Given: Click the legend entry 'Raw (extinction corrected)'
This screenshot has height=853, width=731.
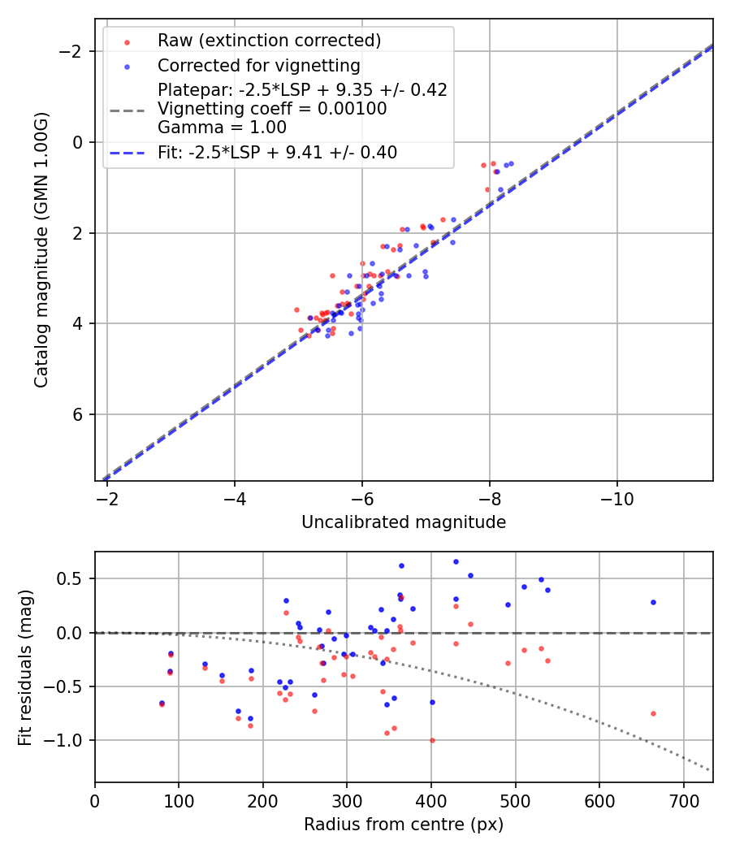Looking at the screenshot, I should [269, 41].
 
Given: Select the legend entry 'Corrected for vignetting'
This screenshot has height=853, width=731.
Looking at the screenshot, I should [258, 66].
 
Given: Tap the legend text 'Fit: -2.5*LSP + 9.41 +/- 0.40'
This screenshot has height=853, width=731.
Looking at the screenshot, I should [277, 152].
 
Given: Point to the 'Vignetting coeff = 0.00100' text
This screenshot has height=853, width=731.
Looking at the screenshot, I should [272, 109].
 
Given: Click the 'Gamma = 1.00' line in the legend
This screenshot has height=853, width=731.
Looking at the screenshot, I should [222, 127].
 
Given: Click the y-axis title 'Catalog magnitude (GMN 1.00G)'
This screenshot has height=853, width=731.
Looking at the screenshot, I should [41, 249].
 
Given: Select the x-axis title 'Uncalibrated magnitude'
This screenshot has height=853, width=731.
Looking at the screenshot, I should [404, 522].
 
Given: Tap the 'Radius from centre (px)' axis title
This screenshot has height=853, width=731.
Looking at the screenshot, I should [404, 825].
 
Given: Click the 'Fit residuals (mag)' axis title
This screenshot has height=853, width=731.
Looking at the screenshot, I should [25, 666].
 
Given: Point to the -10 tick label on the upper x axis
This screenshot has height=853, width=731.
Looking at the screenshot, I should [617, 496].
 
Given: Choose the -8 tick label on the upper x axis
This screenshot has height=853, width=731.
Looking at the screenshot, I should [490, 496].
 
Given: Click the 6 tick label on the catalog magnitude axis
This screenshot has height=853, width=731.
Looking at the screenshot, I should [78, 414].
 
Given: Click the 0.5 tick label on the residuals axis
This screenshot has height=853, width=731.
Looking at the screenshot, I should [73, 578].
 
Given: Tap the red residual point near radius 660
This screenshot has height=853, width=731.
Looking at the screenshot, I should [653, 713].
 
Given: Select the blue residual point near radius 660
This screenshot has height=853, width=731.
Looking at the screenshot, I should [653, 602].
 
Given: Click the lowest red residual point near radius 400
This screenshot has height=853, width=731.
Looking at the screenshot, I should [432, 740].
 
